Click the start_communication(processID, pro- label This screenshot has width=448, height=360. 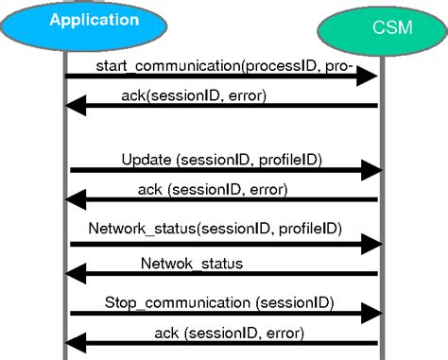coord(224,63)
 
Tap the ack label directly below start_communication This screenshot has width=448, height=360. coord(193,94)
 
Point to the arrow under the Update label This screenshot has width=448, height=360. coord(225,171)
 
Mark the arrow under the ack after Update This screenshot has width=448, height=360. coord(225,199)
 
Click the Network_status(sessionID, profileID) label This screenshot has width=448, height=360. coord(215,229)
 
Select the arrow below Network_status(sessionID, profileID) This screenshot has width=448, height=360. coord(225,244)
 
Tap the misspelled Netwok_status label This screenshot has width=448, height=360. coord(191,263)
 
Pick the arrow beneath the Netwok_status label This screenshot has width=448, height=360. coord(225,274)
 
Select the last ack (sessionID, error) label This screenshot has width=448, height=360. coord(228,332)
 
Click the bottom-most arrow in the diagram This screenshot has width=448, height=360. coord(225,344)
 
